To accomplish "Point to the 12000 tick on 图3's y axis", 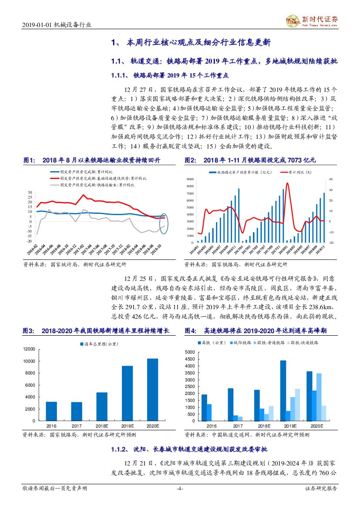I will [29, 349].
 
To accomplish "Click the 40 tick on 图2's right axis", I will [330, 179].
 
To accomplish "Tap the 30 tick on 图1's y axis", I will [30, 192].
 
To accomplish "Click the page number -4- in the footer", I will [179, 489].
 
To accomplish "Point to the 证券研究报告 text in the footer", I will [321, 489].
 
